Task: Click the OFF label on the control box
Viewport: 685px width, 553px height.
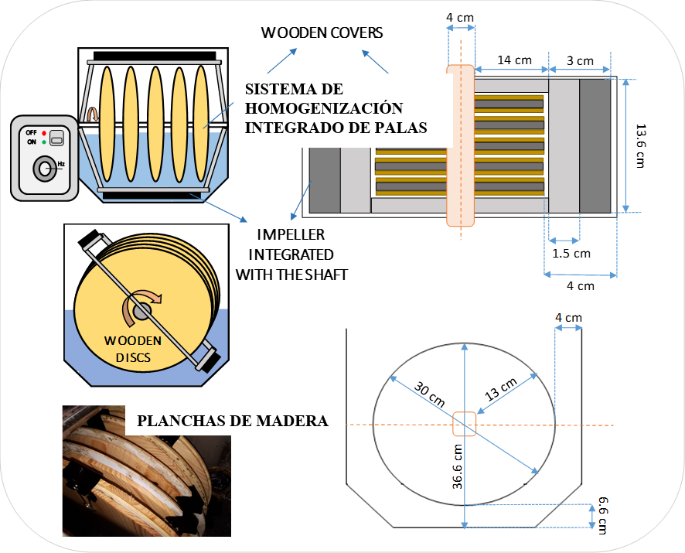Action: point(31,133)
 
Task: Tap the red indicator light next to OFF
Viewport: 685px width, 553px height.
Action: point(44,133)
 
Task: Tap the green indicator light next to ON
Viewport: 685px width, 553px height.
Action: point(44,142)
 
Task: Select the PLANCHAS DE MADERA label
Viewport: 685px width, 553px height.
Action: point(232,422)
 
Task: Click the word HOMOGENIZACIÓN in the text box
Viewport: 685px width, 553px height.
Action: point(323,108)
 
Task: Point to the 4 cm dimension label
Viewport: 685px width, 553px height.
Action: point(568,318)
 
